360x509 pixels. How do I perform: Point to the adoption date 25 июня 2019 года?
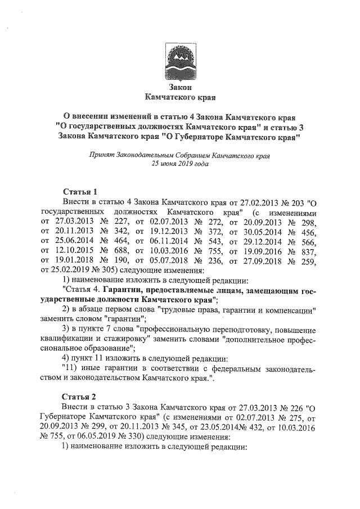coord(180,165)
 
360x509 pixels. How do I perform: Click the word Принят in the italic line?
coord(101,156)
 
